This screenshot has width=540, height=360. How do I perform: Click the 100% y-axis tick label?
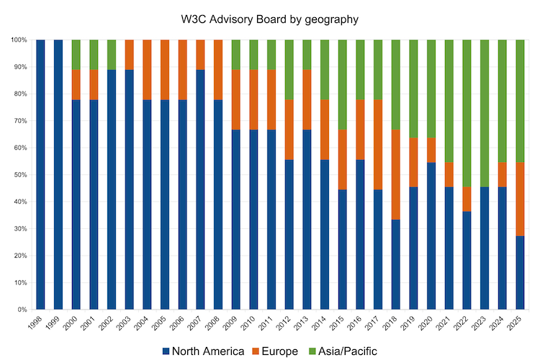click(17, 40)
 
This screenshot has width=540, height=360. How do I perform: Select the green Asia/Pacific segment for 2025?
click(521, 101)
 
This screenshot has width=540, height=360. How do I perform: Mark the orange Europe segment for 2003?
click(130, 55)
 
